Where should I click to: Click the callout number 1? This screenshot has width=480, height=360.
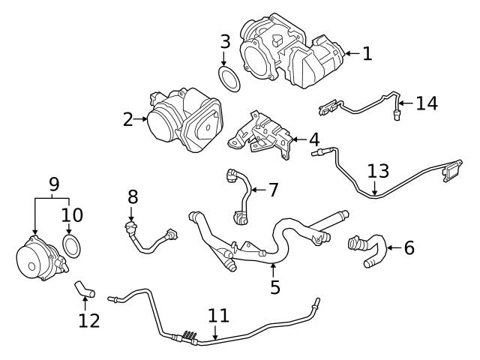367,53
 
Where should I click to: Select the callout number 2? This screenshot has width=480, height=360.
128,118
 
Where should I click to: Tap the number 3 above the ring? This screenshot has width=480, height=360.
225,41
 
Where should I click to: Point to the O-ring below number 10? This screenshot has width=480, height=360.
70,244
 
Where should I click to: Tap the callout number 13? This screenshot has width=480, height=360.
378,171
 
